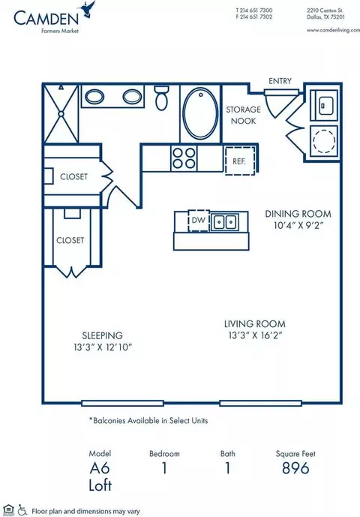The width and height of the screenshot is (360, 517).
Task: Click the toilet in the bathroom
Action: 161,98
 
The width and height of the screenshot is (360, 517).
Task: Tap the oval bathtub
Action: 200,114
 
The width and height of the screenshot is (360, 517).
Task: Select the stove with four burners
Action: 184,158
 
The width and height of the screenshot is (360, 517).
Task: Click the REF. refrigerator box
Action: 240,161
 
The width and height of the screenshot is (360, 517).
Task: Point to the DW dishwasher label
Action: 199,220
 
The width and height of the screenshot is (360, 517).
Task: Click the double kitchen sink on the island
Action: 225,222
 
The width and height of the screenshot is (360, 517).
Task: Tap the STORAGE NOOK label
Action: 243,115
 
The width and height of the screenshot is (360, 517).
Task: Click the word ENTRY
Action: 280,81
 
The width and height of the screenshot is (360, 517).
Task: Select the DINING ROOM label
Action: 298,214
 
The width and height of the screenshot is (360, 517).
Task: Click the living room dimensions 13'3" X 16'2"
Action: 256,335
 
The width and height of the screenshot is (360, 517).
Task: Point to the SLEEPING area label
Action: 102,335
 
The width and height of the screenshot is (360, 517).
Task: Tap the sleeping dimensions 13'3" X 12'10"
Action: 103,347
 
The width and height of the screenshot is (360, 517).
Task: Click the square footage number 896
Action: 295,468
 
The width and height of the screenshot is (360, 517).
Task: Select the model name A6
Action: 100,468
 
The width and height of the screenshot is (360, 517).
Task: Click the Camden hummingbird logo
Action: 87,9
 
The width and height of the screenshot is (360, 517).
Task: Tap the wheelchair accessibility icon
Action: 22,509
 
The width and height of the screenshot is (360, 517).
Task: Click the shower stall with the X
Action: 61,114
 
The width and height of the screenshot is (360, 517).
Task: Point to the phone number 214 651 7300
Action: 256,11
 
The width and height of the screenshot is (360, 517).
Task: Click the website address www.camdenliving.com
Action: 333,30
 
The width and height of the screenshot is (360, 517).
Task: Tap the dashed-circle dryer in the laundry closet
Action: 324,141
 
